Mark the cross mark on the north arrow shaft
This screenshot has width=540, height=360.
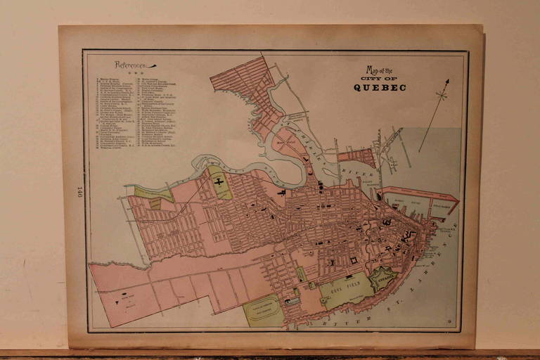tap(441, 94)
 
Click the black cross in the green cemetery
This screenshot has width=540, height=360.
tap(219, 181)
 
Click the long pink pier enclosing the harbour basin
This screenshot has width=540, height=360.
tap(422, 193)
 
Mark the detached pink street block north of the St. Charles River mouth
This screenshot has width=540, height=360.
tap(356, 157)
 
